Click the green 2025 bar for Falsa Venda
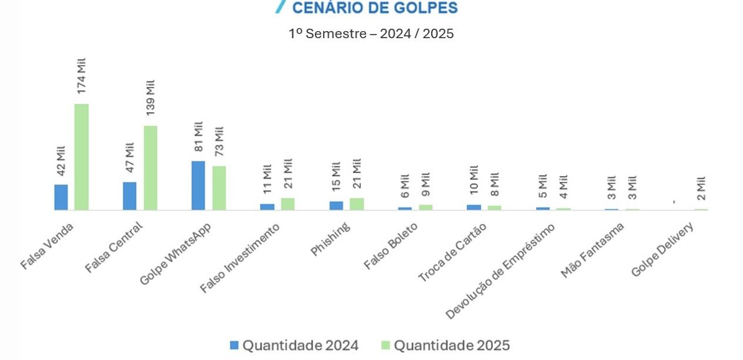pos(82,157)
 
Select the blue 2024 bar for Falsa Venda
pos(61,197)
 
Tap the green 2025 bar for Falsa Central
pos(150,168)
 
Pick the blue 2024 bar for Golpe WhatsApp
pos(199,186)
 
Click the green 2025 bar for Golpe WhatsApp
pos(219,188)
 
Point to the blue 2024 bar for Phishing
pos(336,206)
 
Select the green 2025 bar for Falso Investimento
pos(288,204)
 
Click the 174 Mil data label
pos(82,75)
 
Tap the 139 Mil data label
pos(150,97)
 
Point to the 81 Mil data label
pos(199,137)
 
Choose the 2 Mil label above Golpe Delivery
pos(701,189)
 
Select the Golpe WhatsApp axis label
pos(176,254)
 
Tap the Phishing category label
pos(331,239)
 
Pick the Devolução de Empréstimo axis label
pos(500,271)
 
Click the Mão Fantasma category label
pos(593,250)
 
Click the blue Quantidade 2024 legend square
pos(234,345)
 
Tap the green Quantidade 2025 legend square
pos(385,345)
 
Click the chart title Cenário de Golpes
pos(374,8)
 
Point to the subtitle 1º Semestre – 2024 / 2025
pos(371,33)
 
